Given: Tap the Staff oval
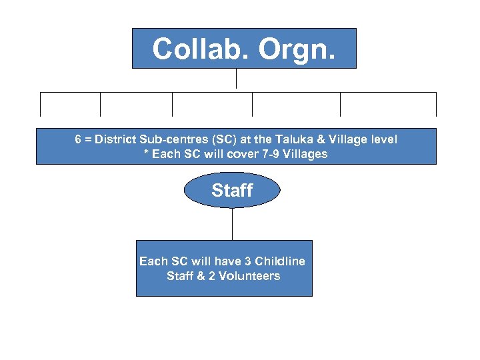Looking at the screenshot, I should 232,191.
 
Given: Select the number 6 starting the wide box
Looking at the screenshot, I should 79,139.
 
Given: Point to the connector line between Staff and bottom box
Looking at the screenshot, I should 232,224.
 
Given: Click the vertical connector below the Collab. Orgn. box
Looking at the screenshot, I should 236,79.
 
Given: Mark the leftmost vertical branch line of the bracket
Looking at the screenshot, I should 41,105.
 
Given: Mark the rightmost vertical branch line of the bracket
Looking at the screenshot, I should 436,105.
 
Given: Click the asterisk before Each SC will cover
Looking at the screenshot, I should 146,154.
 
